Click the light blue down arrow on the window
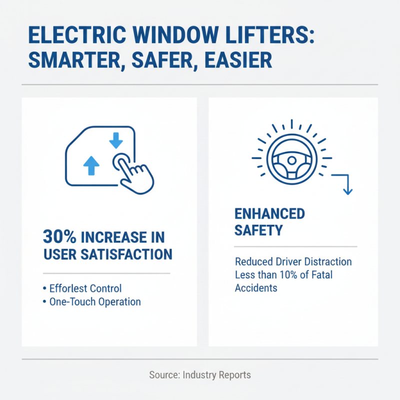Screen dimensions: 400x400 (116, 139)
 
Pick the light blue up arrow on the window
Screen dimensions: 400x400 (90, 164)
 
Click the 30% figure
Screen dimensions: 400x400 (59, 236)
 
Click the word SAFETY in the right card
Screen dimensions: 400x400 (258, 230)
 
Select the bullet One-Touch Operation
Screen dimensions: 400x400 (95, 302)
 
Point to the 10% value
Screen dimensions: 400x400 (291, 275)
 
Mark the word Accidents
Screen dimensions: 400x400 (256, 288)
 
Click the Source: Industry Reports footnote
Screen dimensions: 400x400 (199, 374)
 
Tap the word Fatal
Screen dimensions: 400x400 (321, 275)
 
